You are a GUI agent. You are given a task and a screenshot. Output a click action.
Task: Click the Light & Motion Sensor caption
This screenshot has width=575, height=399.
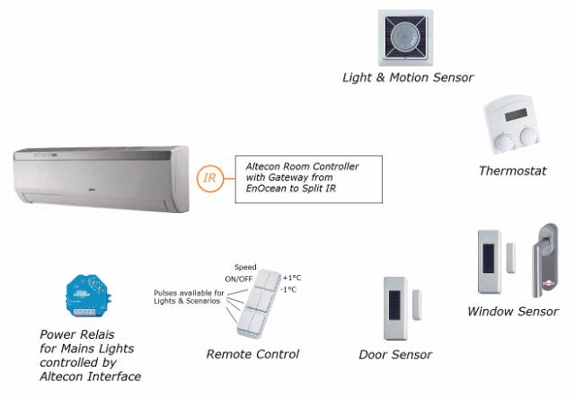[x=408, y=77]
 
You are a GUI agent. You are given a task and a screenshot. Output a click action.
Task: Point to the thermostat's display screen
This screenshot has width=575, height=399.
[x=516, y=114]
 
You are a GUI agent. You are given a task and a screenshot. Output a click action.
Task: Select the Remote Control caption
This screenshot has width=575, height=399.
[x=252, y=354]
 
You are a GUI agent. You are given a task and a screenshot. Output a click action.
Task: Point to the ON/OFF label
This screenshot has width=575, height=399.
[x=238, y=279]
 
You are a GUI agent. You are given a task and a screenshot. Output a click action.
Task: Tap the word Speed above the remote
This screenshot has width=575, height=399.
[x=245, y=267]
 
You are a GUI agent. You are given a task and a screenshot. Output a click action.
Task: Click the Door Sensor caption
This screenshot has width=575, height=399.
[x=395, y=355]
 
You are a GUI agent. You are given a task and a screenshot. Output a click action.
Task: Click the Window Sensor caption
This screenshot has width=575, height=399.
[x=513, y=312]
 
